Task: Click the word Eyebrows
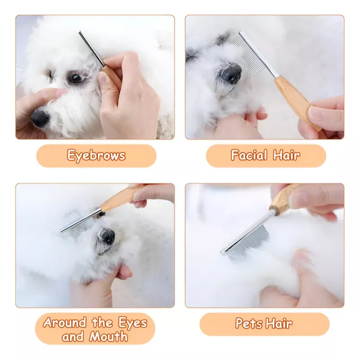[96, 155]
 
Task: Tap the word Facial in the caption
[249, 155]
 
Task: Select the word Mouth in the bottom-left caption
[109, 337]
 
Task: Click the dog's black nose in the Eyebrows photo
[40, 118]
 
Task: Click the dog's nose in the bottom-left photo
[106, 237]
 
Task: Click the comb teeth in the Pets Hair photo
[250, 240]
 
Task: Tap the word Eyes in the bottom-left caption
[133, 323]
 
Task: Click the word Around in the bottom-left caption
[64, 322]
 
